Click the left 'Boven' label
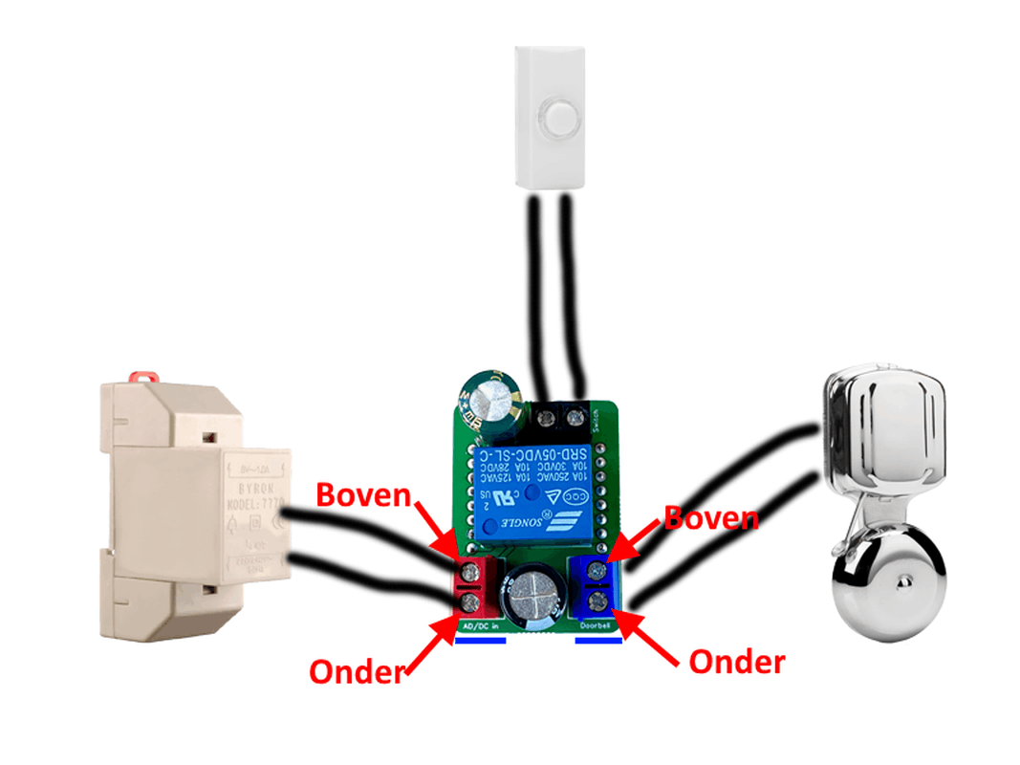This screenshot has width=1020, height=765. (x=362, y=496)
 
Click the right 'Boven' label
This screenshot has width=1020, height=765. (x=711, y=518)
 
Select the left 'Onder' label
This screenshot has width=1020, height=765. (x=356, y=671)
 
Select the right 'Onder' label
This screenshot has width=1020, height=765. (x=736, y=661)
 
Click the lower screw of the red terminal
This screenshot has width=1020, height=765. (x=469, y=601)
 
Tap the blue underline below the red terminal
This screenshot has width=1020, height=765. (x=479, y=642)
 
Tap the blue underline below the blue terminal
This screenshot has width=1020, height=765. (x=598, y=642)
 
